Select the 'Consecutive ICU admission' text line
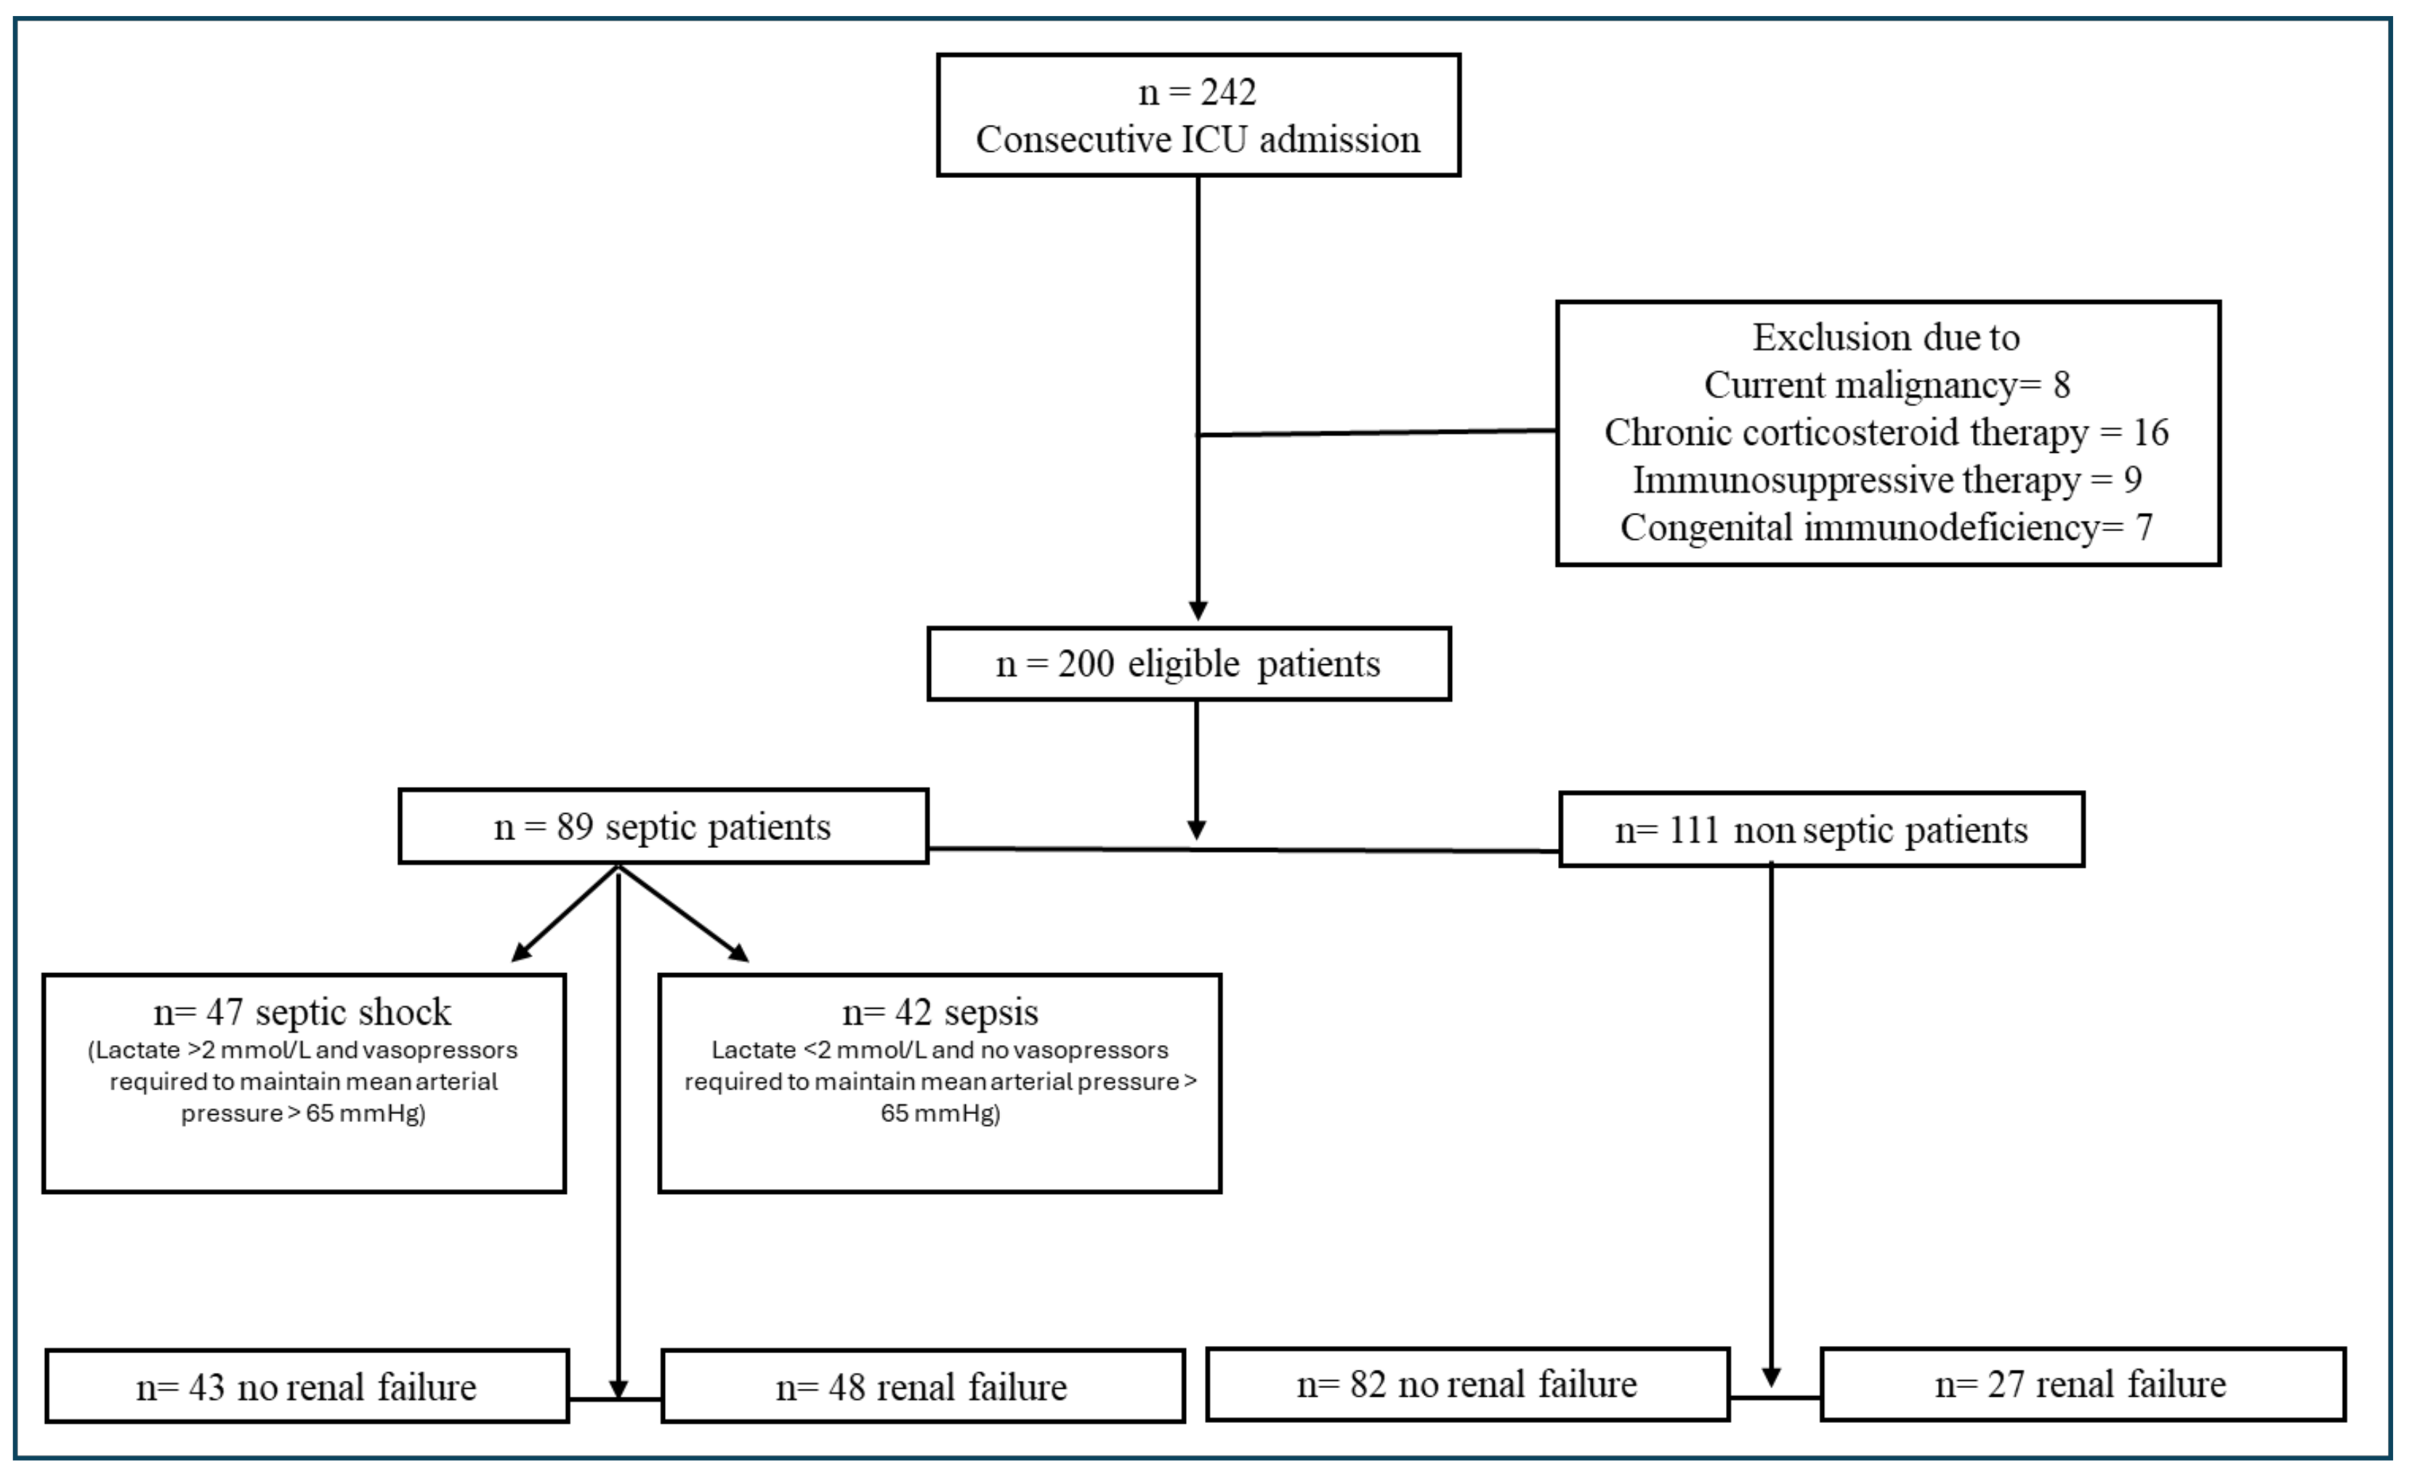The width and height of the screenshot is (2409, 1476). point(1198,140)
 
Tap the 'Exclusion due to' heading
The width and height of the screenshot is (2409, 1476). point(1885,338)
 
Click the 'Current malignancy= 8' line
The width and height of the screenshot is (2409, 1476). point(1886,385)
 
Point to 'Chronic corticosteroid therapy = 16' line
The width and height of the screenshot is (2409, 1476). point(1886,433)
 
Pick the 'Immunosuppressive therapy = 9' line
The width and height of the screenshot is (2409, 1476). point(1886,480)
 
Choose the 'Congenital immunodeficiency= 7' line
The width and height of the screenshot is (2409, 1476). point(1886,528)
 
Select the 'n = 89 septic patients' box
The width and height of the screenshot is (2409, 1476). point(663,827)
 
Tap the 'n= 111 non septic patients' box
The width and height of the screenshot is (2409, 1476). point(1821,830)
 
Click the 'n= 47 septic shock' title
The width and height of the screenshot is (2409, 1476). point(302,1012)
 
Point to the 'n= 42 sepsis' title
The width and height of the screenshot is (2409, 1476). point(940,1012)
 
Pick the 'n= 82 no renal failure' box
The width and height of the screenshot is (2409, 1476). point(1466,1384)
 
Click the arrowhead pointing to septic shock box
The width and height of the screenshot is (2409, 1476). point(522,952)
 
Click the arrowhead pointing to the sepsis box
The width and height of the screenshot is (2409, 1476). point(739,952)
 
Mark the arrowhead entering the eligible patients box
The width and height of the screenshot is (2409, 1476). point(1198,610)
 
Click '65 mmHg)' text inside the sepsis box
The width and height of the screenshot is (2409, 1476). point(940,1113)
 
